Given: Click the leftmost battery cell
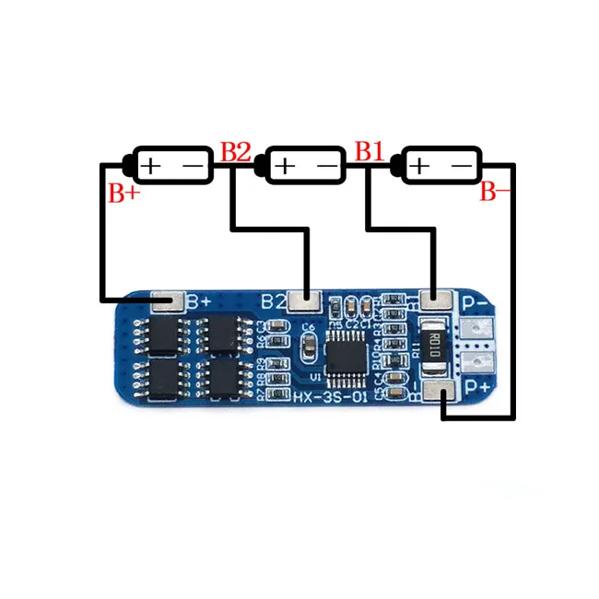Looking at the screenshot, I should click(171, 165).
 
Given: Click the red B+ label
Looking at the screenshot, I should click(123, 194).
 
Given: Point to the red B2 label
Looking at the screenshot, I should click(235, 152).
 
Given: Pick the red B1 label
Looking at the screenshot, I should click(370, 152).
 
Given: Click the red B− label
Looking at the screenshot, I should click(495, 193).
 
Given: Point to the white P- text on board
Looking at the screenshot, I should click(476, 303).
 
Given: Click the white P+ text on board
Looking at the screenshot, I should click(476, 388).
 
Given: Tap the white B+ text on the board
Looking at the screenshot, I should click(199, 301).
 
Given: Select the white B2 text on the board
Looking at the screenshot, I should click(274, 300).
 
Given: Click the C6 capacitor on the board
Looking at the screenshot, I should click(308, 327).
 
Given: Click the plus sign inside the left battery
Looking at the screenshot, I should click(151, 166).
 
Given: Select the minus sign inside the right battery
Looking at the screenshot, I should click(462, 166).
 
